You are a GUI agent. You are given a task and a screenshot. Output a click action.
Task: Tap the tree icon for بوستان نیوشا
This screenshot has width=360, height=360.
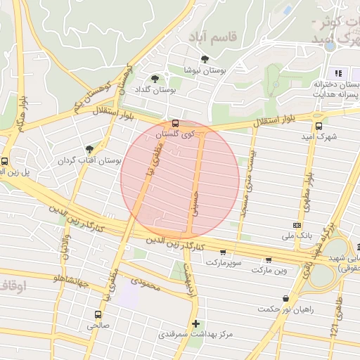tap(205, 59)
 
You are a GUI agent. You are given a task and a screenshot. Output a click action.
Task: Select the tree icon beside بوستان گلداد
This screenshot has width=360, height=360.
tap(155, 79)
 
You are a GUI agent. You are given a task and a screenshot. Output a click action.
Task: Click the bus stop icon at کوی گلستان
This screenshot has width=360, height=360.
tap(176, 123)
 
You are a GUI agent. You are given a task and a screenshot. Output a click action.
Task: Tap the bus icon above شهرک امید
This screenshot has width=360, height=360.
tap(319, 127)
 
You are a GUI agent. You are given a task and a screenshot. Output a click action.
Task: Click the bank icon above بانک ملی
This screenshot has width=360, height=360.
tap(296, 224)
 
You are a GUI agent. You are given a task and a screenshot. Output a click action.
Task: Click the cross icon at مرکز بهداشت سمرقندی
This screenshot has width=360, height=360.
tap(195, 323)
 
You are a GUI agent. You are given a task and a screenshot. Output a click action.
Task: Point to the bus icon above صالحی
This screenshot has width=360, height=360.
tap(98, 314)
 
